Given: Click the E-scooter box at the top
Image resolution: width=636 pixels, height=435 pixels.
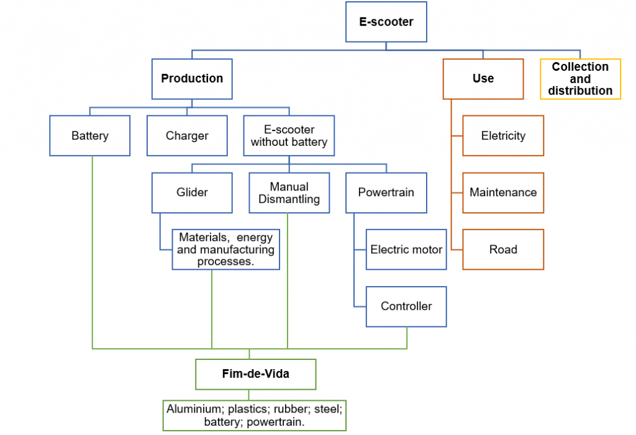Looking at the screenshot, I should [386, 22].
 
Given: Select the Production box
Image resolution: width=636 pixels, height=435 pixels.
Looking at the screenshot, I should [192, 79].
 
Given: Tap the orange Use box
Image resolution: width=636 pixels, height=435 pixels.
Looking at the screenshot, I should [483, 79].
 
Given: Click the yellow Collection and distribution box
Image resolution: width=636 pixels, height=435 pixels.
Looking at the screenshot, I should [580, 79].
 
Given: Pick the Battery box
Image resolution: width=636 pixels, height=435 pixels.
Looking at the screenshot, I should [90, 135].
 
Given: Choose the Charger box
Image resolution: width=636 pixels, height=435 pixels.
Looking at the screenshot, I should [187, 135].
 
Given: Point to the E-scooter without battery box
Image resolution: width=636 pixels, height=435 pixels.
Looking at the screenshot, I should [289, 135].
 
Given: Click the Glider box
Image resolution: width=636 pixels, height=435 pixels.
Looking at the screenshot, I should [192, 192].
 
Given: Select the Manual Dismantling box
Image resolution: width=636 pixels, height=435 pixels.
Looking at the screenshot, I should [289, 192].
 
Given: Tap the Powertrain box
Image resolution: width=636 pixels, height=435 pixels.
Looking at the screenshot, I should [386, 192].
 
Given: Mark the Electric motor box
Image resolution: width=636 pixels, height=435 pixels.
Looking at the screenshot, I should [406, 249].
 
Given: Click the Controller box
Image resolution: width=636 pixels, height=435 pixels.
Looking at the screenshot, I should [406, 307].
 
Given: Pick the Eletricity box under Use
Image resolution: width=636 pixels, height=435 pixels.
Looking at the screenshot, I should [503, 135].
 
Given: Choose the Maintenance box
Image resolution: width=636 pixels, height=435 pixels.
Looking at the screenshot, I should [503, 192].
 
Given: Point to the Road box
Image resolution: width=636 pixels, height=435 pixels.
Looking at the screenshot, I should [503, 249].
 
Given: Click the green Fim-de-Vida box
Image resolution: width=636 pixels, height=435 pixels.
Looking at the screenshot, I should [255, 374].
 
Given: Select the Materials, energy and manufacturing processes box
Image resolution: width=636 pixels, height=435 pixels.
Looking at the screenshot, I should [226, 249].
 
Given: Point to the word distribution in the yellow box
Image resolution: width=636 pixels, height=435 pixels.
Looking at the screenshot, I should [580, 91].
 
